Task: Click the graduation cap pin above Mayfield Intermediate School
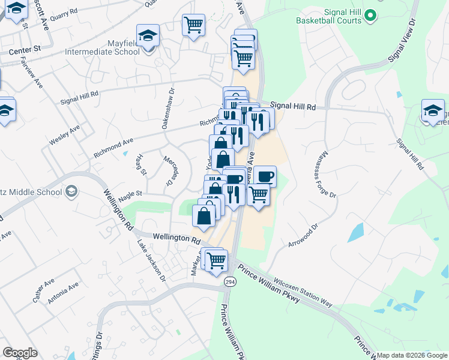coord(148,36)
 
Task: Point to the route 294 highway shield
coord(230,281)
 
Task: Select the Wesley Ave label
coord(65,135)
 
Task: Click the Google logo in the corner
coord(20,353)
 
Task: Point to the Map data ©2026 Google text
coord(412,355)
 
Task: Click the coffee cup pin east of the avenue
coord(265,176)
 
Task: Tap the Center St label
coord(28,47)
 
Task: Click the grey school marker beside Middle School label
coord(71,192)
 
